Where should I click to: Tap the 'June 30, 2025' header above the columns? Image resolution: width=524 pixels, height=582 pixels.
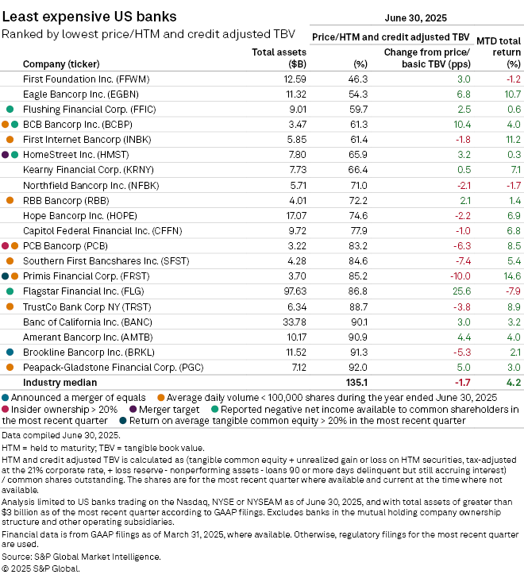pyautogui.click(x=416, y=17)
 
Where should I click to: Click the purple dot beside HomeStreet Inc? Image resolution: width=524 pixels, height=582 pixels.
pyautogui.click(x=6, y=154)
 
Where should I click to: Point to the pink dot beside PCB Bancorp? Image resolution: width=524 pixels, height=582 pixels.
pyautogui.click(x=6, y=245)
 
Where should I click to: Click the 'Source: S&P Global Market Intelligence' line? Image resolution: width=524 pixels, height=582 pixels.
pyautogui.click(x=81, y=557)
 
